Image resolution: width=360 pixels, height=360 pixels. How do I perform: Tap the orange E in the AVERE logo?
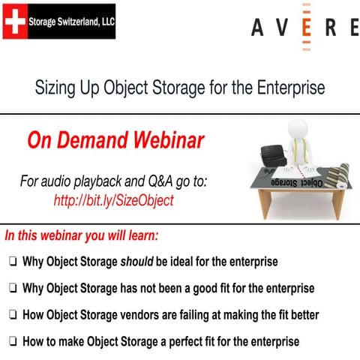click(307, 28)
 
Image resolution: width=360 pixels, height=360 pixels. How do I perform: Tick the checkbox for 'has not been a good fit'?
click(13, 289)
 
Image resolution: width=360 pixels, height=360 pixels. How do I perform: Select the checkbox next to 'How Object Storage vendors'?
click(13, 315)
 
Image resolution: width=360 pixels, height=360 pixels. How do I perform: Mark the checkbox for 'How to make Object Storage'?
click(13, 341)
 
